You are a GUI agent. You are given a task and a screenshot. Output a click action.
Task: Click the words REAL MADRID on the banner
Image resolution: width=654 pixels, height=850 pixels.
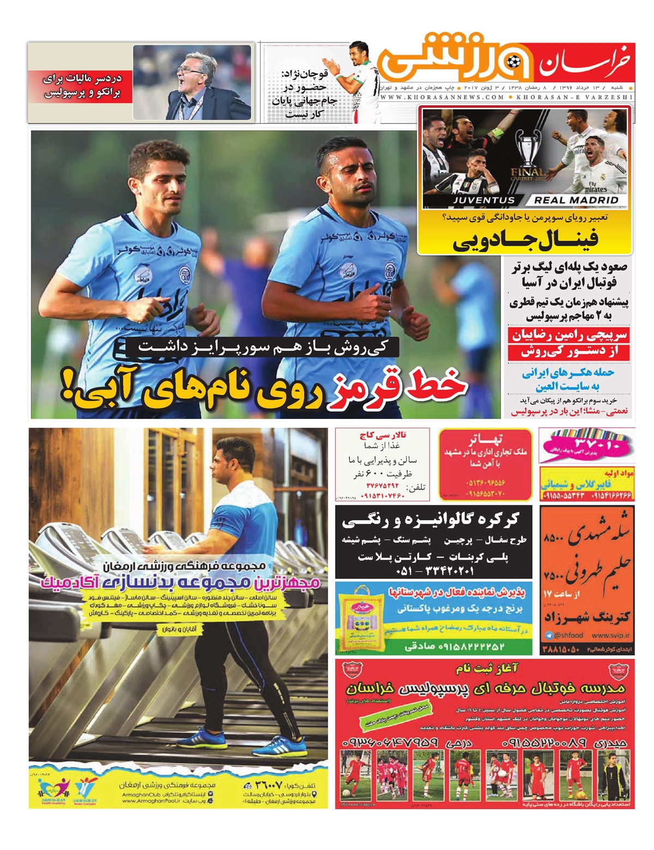point(576,200)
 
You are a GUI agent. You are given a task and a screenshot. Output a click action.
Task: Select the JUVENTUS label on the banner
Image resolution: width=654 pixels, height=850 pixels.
point(483,200)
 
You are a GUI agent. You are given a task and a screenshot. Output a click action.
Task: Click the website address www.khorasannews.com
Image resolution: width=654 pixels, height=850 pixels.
point(443,97)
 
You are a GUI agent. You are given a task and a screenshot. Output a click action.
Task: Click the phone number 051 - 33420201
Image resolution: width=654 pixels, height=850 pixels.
point(434,570)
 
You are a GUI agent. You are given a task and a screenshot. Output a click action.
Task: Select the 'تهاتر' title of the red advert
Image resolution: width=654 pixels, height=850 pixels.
point(485,439)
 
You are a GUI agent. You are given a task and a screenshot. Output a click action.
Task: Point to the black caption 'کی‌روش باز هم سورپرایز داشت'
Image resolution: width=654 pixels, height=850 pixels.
point(263,347)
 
